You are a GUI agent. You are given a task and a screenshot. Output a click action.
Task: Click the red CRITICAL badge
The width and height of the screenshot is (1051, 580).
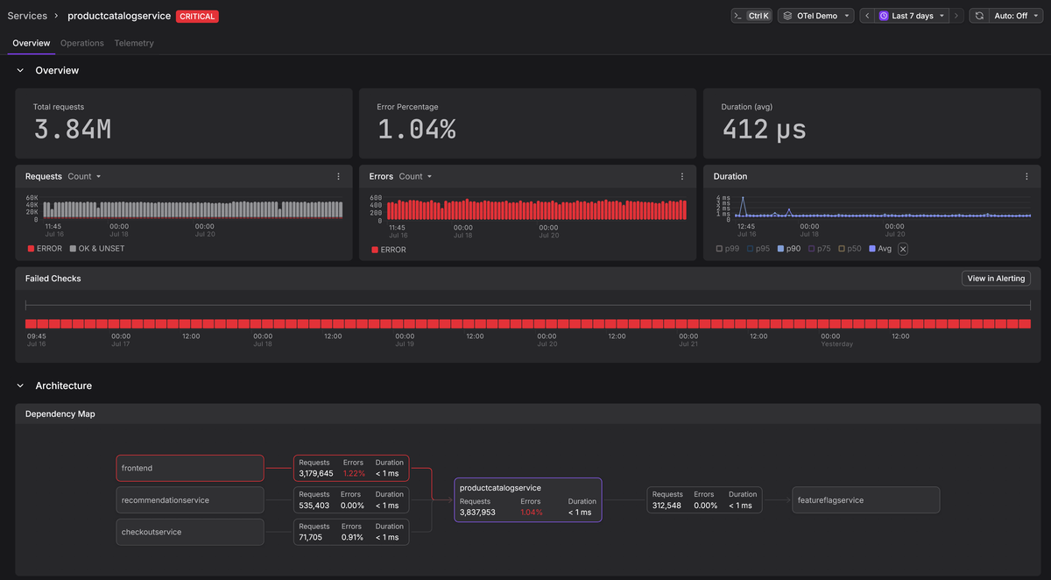point(197,17)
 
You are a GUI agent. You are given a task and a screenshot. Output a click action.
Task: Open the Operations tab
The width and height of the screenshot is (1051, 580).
point(82,43)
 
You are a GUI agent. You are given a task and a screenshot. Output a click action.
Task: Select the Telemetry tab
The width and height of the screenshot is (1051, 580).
point(134,43)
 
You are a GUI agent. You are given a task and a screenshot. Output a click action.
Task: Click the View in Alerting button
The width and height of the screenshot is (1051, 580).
point(996,279)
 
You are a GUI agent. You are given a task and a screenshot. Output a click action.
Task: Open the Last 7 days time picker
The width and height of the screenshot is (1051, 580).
point(912,16)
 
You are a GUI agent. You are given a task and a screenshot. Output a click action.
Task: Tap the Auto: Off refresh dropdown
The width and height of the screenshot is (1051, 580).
point(1015,16)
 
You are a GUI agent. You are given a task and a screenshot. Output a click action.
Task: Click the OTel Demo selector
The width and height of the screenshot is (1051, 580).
point(816,16)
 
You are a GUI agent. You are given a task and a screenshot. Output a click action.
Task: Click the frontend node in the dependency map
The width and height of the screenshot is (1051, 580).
point(190,468)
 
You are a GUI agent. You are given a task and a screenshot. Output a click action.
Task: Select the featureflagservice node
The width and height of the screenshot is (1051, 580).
point(865,500)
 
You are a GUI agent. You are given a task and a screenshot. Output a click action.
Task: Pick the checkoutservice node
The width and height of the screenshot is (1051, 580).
point(190,532)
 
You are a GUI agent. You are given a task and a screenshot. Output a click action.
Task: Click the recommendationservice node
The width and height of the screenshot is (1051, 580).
point(190,500)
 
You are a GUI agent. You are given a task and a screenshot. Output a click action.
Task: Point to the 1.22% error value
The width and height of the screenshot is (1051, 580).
point(354,473)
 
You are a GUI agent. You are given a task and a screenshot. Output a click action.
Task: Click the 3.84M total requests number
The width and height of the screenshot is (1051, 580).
point(73,130)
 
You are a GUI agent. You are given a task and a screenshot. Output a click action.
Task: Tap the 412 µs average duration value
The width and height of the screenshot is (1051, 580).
point(764,130)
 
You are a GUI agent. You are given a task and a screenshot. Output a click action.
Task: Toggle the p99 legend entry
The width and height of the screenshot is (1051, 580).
point(728,249)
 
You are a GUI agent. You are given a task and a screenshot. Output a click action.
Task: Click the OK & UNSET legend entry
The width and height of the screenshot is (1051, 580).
point(97,249)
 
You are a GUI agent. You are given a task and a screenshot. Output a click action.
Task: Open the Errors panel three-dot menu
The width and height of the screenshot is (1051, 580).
point(682,176)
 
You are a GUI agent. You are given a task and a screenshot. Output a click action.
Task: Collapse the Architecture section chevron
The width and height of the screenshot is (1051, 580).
point(20,385)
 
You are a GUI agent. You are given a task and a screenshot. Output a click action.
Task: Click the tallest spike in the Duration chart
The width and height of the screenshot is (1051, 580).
point(743,198)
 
